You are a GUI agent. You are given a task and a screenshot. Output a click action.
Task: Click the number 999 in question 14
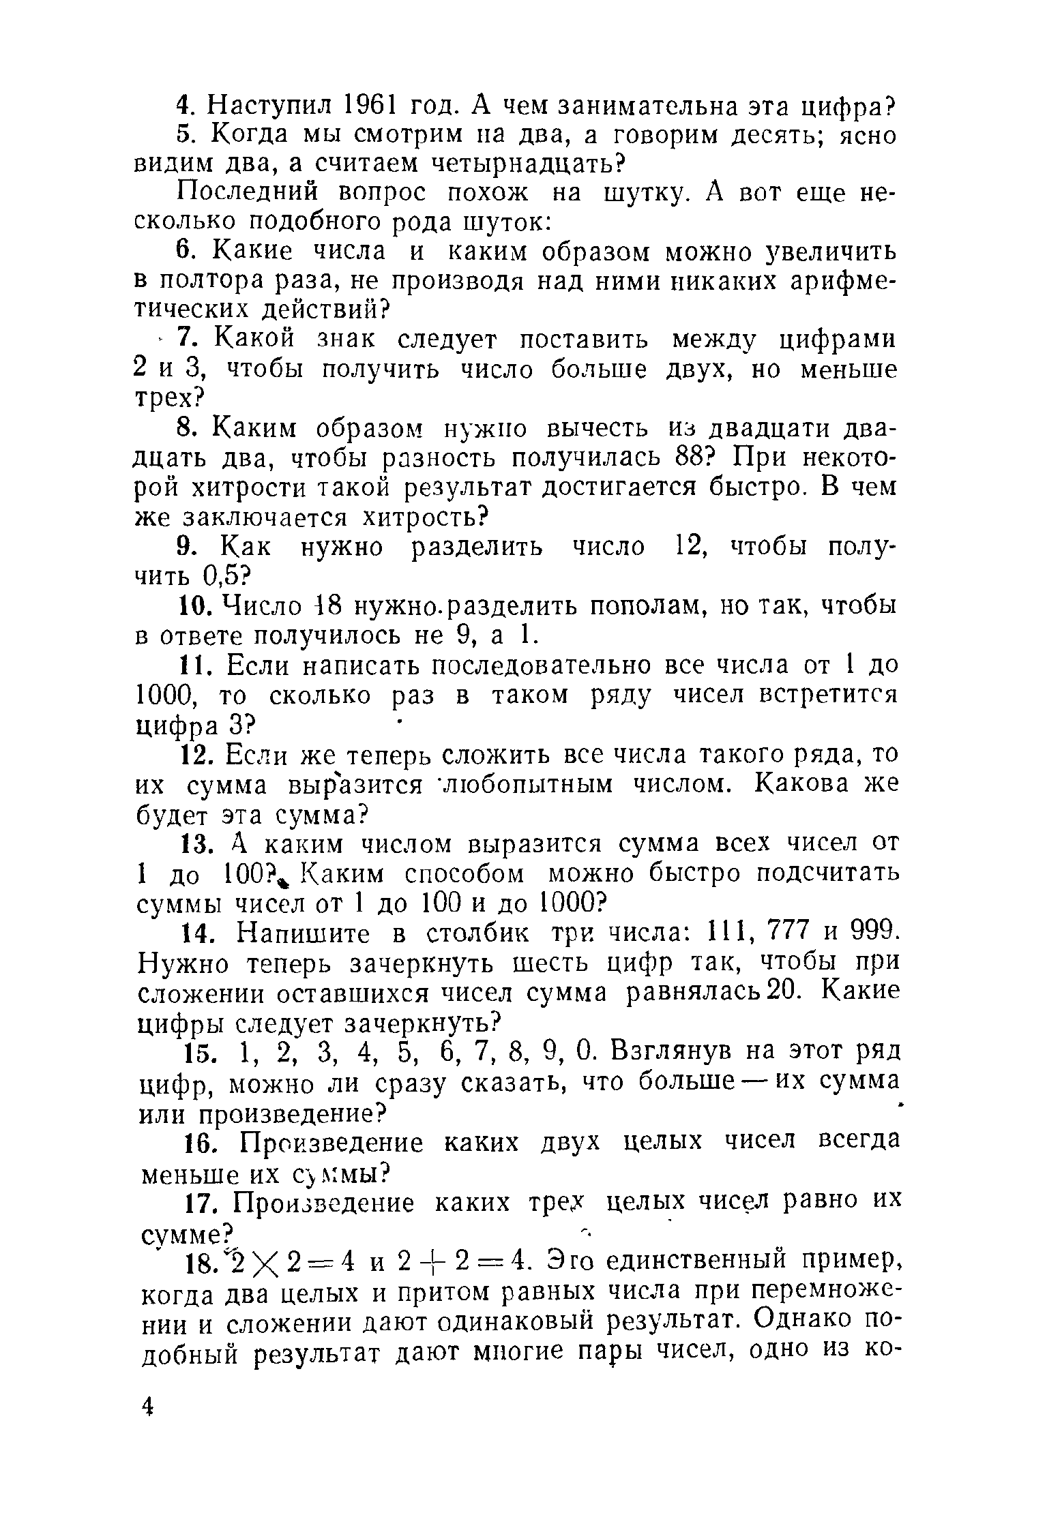coord(867,933)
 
